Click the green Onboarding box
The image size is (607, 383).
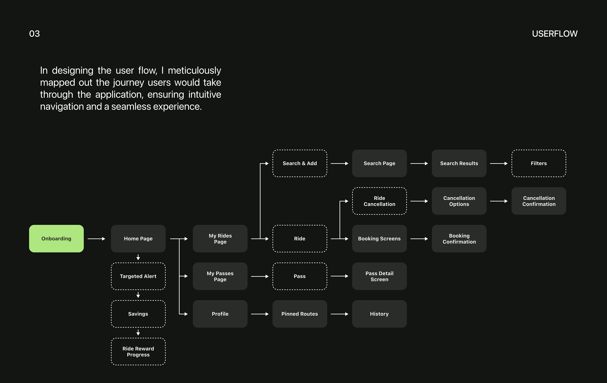tap(56, 238)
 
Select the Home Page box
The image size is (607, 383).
tap(138, 238)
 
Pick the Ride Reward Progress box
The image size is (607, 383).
tap(138, 352)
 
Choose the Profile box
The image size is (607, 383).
tap(220, 314)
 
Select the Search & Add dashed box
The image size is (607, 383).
tap(300, 163)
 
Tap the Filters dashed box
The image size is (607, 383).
tap(539, 163)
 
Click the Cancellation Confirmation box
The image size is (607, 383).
tap(539, 201)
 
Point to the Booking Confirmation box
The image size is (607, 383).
tap(459, 238)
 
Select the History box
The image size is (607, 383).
tap(379, 314)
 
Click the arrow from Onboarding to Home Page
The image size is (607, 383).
tap(96, 238)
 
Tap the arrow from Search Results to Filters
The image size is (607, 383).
tap(499, 163)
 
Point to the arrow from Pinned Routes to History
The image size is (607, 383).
tap(339, 314)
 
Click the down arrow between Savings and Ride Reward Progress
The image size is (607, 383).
tap(138, 333)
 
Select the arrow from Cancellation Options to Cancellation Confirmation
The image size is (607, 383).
tap(499, 201)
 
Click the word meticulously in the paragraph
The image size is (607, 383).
tap(194, 71)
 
